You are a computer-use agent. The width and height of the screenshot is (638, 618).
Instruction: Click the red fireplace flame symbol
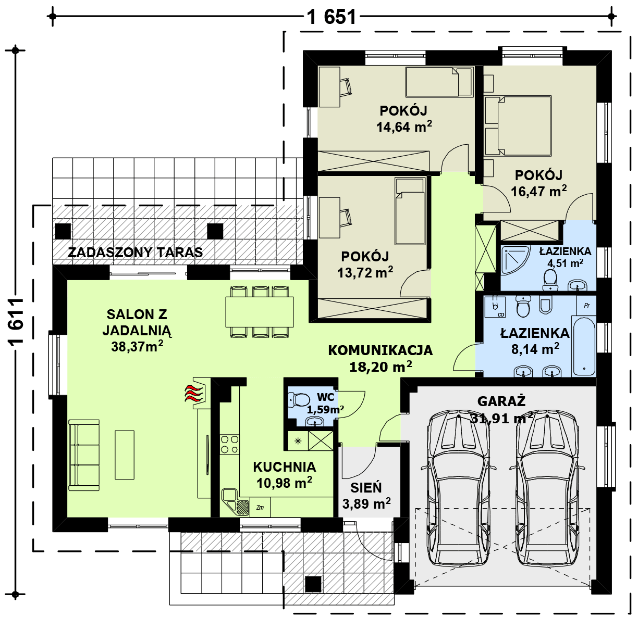194,393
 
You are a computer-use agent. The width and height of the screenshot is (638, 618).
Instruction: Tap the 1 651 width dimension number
332,17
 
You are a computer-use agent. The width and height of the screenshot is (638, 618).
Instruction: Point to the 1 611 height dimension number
16,322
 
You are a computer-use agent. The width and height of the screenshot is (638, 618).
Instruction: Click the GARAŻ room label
501,401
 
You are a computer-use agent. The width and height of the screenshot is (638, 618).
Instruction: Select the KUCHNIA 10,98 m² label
284,475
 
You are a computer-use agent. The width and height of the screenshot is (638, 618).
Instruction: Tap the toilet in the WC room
299,400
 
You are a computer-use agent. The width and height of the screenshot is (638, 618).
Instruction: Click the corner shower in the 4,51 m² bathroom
516,260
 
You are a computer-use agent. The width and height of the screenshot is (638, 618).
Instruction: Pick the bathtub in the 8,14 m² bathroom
584,346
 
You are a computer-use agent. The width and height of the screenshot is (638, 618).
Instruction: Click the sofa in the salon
84,455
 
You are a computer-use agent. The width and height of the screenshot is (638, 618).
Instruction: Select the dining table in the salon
260,312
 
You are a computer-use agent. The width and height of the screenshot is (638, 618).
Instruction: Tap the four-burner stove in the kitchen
229,445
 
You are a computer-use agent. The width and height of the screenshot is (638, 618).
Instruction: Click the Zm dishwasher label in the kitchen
260,508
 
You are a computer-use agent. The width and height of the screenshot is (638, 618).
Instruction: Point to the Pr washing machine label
586,306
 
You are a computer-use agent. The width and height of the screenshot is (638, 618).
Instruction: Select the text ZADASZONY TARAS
135,253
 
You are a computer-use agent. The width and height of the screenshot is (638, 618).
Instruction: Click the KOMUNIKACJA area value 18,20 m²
381,367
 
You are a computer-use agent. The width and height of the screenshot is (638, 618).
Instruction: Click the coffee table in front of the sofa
125,455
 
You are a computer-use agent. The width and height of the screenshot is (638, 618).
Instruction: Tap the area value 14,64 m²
404,127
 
